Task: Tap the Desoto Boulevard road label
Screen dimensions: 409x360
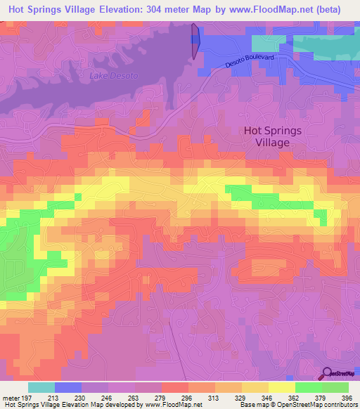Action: [250, 62]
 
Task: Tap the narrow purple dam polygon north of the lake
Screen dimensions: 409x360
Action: [195, 41]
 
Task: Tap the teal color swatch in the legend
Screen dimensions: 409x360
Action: [41, 387]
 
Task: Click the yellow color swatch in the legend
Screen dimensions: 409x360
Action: [281, 387]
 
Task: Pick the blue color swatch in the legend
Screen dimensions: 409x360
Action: [68, 387]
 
